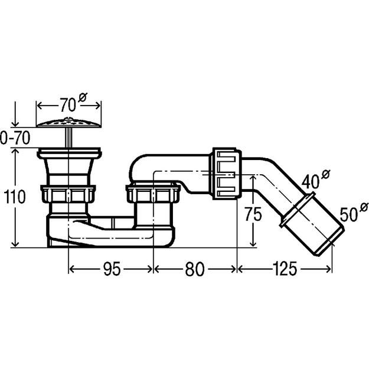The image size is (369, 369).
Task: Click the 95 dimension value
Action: (112, 269)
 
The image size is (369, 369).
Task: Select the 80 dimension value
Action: (195, 269)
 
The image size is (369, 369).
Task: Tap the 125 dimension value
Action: (285, 269)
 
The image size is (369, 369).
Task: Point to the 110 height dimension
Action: (15, 197)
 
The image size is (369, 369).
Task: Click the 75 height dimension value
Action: (253, 214)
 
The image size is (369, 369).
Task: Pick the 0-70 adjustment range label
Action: (15, 138)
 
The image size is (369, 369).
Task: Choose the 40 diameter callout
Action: (316, 179)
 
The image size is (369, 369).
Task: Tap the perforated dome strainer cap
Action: (68, 123)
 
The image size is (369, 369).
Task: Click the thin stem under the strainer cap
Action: (68, 138)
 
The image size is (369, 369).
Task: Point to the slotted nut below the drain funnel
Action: (68, 194)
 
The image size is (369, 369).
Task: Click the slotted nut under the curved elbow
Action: (153, 194)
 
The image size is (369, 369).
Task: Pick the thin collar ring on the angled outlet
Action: (298, 210)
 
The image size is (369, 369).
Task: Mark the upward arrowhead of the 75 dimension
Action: (253, 179)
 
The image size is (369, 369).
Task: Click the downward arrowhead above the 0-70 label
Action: (15, 123)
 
